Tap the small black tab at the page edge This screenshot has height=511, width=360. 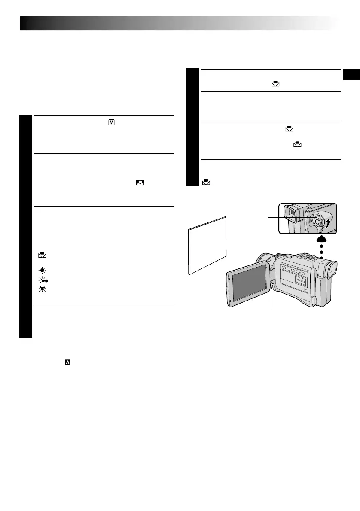tap(351, 74)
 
